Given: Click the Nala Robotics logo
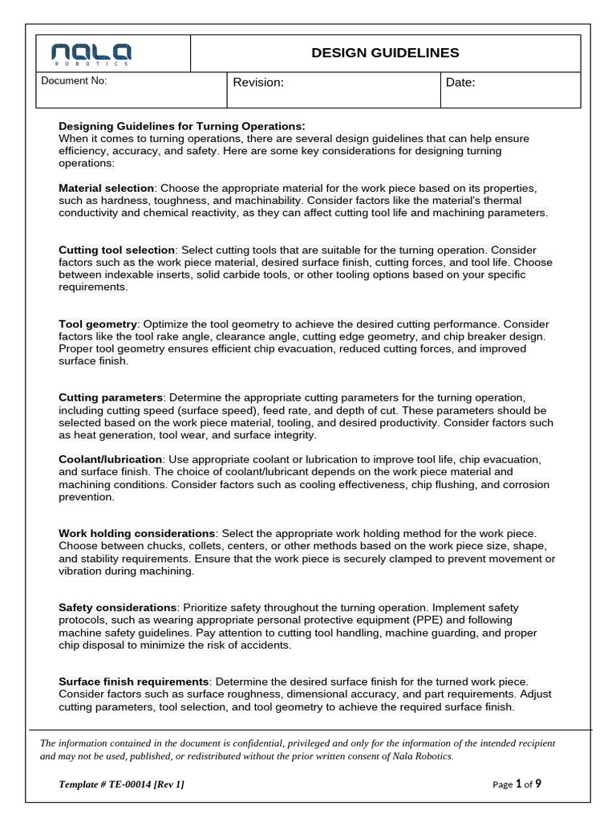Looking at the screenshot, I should (x=91, y=54).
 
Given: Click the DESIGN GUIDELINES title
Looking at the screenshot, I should (x=385, y=53).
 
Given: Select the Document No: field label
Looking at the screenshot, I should (x=74, y=81).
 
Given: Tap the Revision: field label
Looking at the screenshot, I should (x=258, y=83).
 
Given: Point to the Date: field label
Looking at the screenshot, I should (x=460, y=83).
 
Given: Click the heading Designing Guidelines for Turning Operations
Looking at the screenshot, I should (x=182, y=127).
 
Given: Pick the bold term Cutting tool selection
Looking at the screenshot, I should (x=116, y=250).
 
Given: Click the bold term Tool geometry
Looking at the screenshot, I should (x=98, y=324).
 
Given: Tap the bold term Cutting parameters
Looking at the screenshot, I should (x=111, y=398).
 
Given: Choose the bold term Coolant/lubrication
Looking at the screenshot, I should (x=110, y=459).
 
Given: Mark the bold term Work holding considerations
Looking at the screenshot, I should (x=136, y=533).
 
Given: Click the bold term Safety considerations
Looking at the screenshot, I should (x=117, y=608).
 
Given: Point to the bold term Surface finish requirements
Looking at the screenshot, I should (x=134, y=682).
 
